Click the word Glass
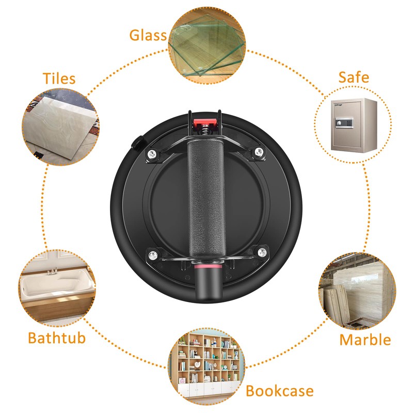coord(148,35)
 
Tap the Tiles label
coord(59,78)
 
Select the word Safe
coord(354,77)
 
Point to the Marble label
coord(365,340)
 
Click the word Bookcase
coord(279,391)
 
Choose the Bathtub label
coord(57,338)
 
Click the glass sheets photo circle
coord(207,45)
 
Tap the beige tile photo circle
coord(60,127)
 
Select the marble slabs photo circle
coord(357,291)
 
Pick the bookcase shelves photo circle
coord(206,367)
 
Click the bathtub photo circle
coord(57,288)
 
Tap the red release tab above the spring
coord(205,123)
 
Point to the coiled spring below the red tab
coord(205,131)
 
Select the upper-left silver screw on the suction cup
coord(151,154)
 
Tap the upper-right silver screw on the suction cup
coord(259,151)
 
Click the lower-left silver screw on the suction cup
coord(153,255)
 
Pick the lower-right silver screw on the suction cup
coord(262,252)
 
